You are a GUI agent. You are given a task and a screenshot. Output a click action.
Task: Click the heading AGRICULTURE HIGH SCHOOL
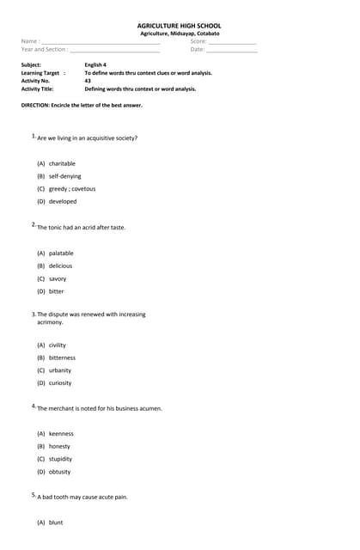180,26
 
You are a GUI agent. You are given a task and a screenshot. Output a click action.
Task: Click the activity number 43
88,81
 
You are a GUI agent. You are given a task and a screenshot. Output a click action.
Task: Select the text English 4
95,64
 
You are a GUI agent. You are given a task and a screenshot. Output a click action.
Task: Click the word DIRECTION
37,105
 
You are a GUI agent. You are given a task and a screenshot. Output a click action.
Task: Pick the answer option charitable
62,163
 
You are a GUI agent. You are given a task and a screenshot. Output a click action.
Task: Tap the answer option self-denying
64,176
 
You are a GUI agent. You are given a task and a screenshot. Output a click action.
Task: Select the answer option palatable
61,254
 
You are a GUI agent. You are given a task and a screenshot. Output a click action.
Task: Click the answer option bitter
56,291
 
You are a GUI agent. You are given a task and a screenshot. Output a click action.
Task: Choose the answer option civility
57,345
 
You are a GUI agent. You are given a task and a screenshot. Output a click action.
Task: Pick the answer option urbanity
60,370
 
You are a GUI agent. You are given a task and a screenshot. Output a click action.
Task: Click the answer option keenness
61,434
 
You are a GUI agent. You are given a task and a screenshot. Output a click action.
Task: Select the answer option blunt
56,522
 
